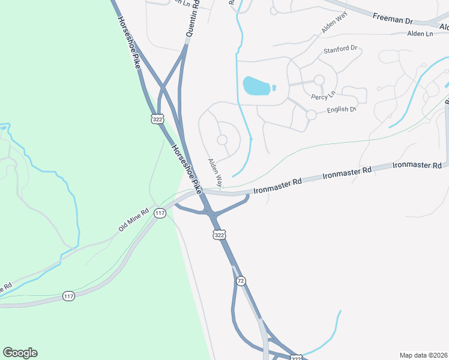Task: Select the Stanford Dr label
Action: (340, 50)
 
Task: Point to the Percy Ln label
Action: (323, 96)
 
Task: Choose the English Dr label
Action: (342, 110)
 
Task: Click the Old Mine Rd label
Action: (133, 220)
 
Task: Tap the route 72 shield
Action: (241, 281)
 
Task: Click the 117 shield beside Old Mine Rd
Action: (160, 213)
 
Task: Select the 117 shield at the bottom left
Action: (69, 296)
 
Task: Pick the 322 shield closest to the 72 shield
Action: (220, 235)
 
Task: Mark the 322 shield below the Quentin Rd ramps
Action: (158, 119)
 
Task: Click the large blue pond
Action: (257, 85)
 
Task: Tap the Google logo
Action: (20, 353)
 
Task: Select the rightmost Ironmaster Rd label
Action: (417, 165)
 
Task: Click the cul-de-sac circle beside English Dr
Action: (311, 114)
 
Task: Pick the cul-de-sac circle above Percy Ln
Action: (319, 80)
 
